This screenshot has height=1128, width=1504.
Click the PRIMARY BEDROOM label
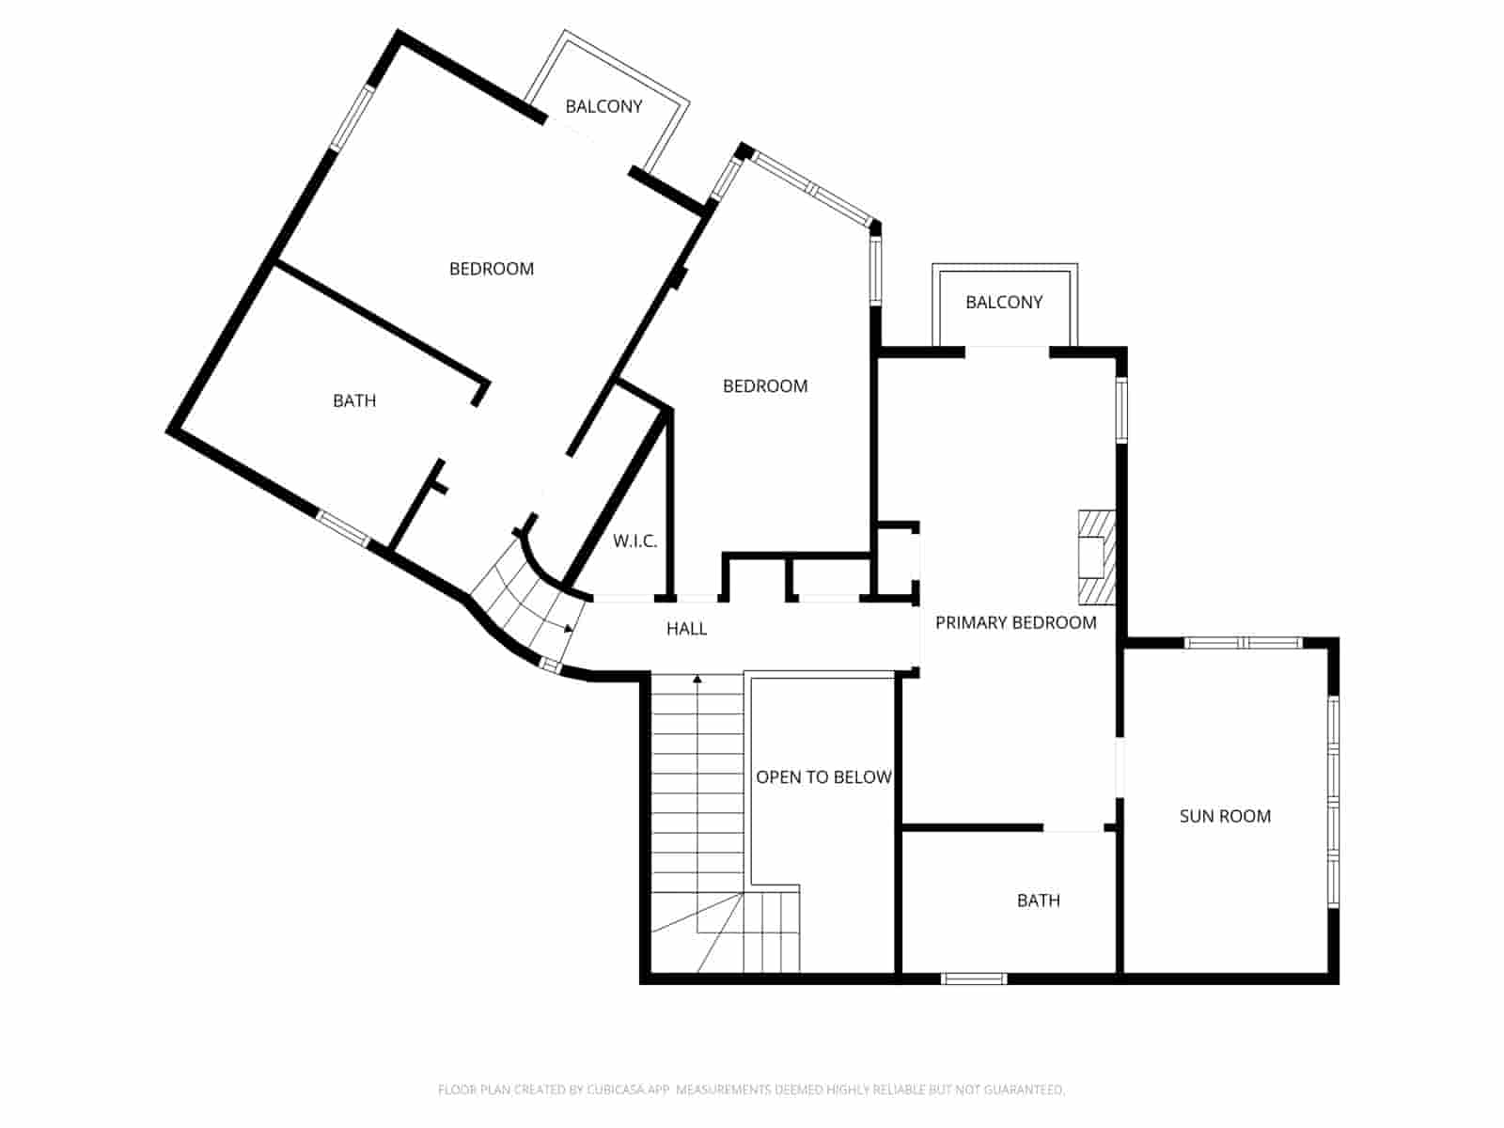click(x=1015, y=622)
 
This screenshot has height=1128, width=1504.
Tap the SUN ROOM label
click(x=1225, y=816)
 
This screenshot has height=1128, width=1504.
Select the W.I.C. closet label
click(x=634, y=541)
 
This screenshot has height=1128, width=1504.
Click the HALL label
click(x=686, y=629)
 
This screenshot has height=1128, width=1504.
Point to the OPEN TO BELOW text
click(x=823, y=777)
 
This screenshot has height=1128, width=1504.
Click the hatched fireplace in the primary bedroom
click(x=1096, y=556)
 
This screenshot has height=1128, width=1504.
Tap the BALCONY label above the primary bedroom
click(x=1004, y=302)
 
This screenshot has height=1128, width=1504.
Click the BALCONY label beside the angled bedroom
click(x=603, y=106)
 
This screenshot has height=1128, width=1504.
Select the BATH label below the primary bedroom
click(x=1038, y=901)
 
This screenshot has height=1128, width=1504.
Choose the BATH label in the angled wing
click(x=354, y=400)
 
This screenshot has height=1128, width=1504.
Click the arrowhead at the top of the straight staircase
click(x=697, y=677)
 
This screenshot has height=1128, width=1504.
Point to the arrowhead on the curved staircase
click(x=568, y=628)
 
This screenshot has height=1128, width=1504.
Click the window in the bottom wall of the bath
click(x=974, y=979)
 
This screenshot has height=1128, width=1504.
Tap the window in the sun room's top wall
click(x=1243, y=643)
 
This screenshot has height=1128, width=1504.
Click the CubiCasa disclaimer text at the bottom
click(x=750, y=1089)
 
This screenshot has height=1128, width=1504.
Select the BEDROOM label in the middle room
click(x=764, y=386)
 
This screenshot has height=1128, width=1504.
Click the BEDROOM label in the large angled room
click(x=491, y=269)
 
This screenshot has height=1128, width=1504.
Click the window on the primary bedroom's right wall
click(x=1121, y=409)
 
